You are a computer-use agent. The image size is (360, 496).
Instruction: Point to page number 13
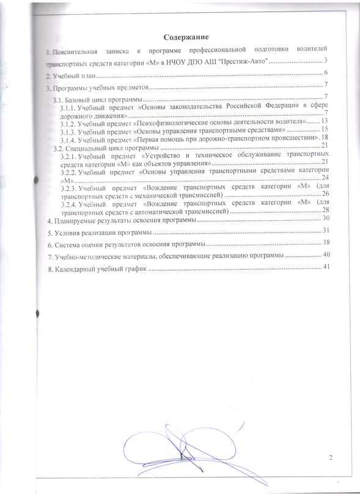(325, 121)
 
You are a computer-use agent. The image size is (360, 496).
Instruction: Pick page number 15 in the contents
(325, 129)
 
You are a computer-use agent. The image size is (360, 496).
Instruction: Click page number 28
(325, 209)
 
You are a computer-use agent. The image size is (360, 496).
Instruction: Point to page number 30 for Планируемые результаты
(326, 218)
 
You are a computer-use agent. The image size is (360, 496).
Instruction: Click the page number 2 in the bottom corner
(330, 457)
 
